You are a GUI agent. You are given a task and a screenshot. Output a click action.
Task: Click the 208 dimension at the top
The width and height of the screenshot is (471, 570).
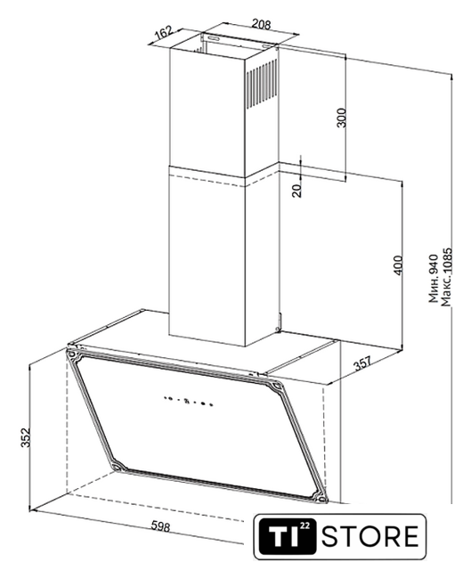(261, 25)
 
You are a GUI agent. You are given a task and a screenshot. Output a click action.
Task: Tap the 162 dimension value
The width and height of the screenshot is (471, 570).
(163, 32)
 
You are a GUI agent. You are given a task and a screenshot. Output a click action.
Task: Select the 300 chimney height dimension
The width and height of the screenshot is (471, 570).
(342, 118)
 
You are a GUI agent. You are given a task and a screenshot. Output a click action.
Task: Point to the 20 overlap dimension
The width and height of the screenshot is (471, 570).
(297, 190)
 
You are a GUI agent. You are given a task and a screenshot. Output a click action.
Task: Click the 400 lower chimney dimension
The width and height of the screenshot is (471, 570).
(398, 265)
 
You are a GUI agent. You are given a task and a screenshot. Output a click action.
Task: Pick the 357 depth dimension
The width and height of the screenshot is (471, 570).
(363, 363)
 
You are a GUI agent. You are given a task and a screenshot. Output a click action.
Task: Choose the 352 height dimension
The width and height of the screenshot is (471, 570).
(25, 437)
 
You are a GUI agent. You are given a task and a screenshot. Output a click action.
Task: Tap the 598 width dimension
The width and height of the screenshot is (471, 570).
(160, 526)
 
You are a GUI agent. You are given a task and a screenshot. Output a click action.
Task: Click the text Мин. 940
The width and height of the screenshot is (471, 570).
(434, 278)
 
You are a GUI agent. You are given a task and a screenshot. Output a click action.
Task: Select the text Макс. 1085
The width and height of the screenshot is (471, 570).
(446, 277)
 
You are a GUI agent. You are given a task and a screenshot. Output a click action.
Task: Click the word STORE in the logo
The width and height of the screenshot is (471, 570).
(370, 536)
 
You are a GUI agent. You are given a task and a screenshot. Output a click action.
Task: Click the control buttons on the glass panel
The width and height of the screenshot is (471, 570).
(187, 401)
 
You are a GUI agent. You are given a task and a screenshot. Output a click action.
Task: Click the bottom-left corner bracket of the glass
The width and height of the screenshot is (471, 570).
(118, 466)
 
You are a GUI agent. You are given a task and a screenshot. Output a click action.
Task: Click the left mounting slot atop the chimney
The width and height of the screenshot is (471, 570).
(214, 37)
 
